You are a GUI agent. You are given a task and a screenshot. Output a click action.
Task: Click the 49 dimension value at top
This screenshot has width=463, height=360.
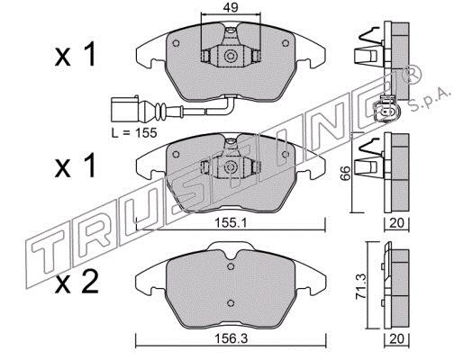click(x=231, y=8)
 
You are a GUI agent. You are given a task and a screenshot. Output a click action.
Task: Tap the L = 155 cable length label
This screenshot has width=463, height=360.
click(x=134, y=132)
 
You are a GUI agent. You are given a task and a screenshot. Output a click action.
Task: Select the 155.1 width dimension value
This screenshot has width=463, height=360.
click(x=231, y=223)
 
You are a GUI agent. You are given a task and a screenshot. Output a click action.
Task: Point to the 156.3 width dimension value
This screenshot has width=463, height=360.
click(x=231, y=339)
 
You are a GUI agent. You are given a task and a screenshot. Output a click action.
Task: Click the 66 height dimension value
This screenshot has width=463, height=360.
click(x=346, y=173)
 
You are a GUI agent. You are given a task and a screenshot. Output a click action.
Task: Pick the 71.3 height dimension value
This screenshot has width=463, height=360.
click(x=361, y=287)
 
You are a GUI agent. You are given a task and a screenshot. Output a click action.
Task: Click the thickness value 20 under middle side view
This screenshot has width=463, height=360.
click(x=396, y=223)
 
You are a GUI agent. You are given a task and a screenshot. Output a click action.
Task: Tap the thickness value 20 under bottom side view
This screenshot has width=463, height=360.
click(x=396, y=339)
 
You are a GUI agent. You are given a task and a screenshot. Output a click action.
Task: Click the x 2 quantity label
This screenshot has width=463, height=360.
click(x=77, y=282)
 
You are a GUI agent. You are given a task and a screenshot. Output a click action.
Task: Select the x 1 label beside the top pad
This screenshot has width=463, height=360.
click(x=75, y=54)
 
